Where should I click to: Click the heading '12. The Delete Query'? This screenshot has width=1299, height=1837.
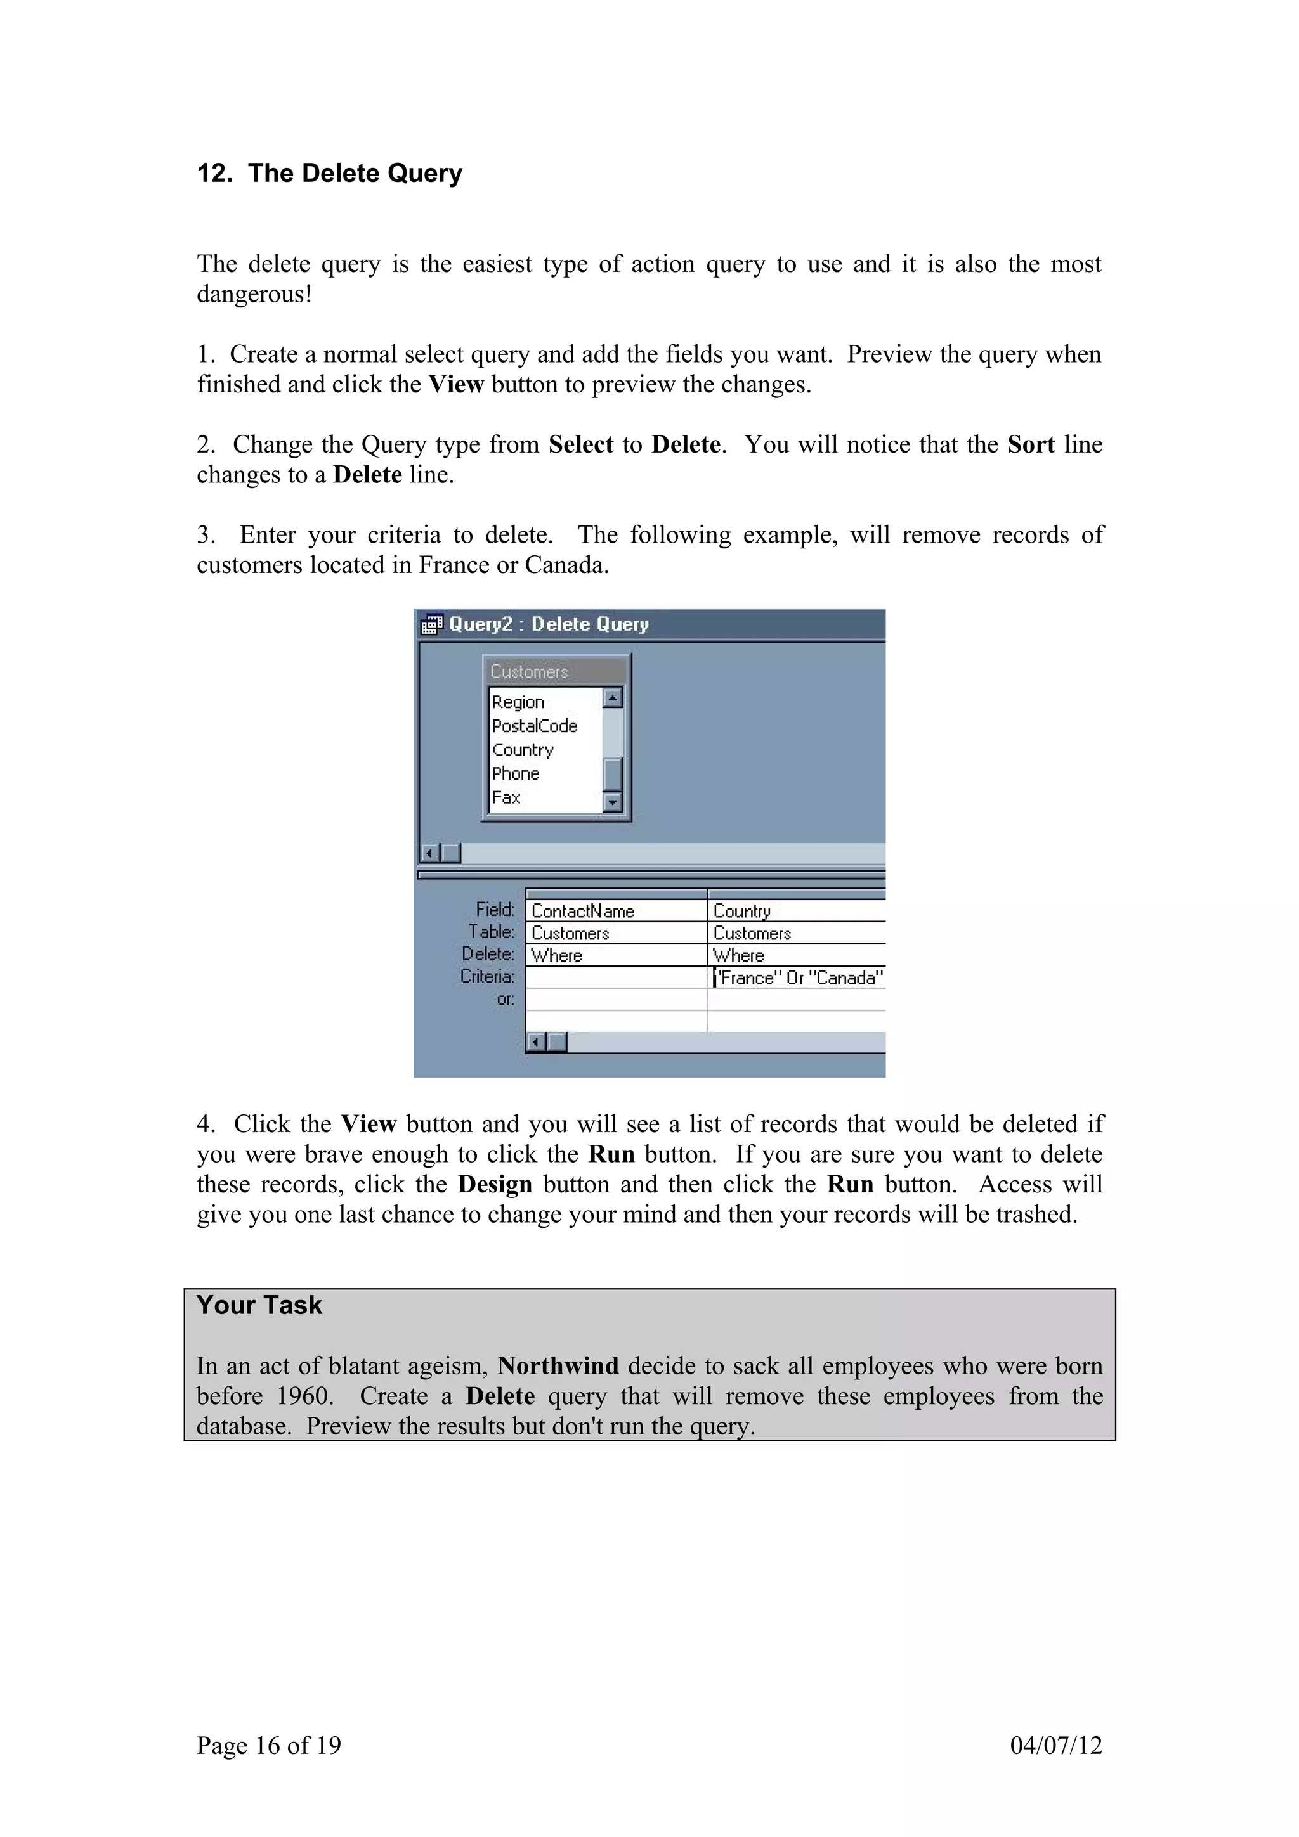329,174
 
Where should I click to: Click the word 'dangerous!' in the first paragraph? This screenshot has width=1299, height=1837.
254,294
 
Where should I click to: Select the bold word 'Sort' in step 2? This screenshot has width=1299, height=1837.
1030,445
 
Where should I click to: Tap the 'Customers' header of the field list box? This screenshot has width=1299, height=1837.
529,672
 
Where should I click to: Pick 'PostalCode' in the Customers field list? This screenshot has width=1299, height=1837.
534,726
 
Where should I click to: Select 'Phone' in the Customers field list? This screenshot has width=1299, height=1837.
516,774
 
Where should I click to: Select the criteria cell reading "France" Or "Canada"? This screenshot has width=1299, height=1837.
798,977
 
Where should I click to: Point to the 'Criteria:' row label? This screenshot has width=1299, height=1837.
486,977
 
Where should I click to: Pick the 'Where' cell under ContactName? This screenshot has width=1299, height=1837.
557,956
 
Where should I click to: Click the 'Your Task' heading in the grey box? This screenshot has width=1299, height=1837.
259,1306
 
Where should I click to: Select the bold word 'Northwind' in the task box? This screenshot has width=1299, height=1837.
558,1366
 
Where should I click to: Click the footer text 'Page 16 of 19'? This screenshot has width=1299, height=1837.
269,1745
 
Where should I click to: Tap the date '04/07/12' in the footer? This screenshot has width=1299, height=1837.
1055,1745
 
